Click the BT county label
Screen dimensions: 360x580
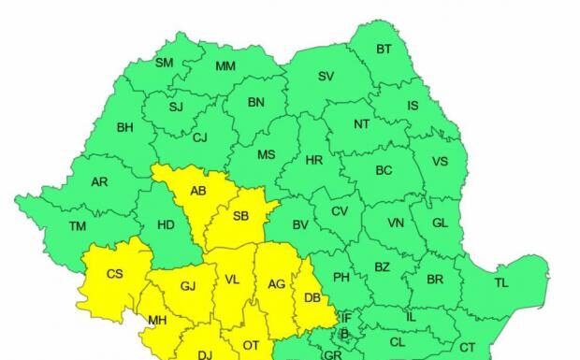(384, 50)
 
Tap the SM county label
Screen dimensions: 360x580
(164, 64)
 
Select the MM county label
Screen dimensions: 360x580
(225, 66)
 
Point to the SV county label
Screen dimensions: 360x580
(326, 77)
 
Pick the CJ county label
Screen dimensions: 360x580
(199, 138)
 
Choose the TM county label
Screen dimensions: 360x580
(78, 225)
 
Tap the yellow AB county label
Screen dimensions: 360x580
(197, 191)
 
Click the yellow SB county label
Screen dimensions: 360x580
(240, 216)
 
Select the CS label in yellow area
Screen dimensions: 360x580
(114, 274)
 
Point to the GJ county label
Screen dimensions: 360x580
(188, 286)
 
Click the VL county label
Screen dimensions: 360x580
(233, 280)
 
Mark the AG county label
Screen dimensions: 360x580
(276, 284)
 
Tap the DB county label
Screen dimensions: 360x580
(313, 298)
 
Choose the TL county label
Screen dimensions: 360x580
(501, 282)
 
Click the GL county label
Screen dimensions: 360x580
(441, 223)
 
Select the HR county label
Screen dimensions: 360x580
(313, 161)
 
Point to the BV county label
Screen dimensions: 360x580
(300, 225)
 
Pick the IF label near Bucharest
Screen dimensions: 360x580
(344, 319)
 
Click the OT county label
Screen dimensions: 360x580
(251, 345)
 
